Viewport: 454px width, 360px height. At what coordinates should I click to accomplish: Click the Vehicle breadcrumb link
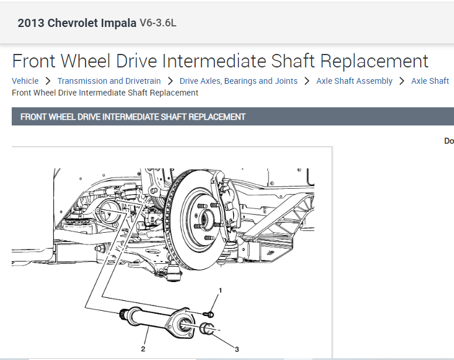25,81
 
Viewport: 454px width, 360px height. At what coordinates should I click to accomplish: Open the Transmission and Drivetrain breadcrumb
109,81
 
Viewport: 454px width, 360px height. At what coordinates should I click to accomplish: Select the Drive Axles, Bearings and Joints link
238,81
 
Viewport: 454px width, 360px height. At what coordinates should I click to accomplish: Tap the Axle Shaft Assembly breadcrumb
354,81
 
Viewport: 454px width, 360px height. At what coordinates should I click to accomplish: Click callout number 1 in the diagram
220,290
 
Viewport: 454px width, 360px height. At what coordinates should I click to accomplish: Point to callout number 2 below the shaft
143,349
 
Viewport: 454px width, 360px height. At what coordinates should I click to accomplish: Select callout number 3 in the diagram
237,349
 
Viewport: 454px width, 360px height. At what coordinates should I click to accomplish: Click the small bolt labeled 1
209,314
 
